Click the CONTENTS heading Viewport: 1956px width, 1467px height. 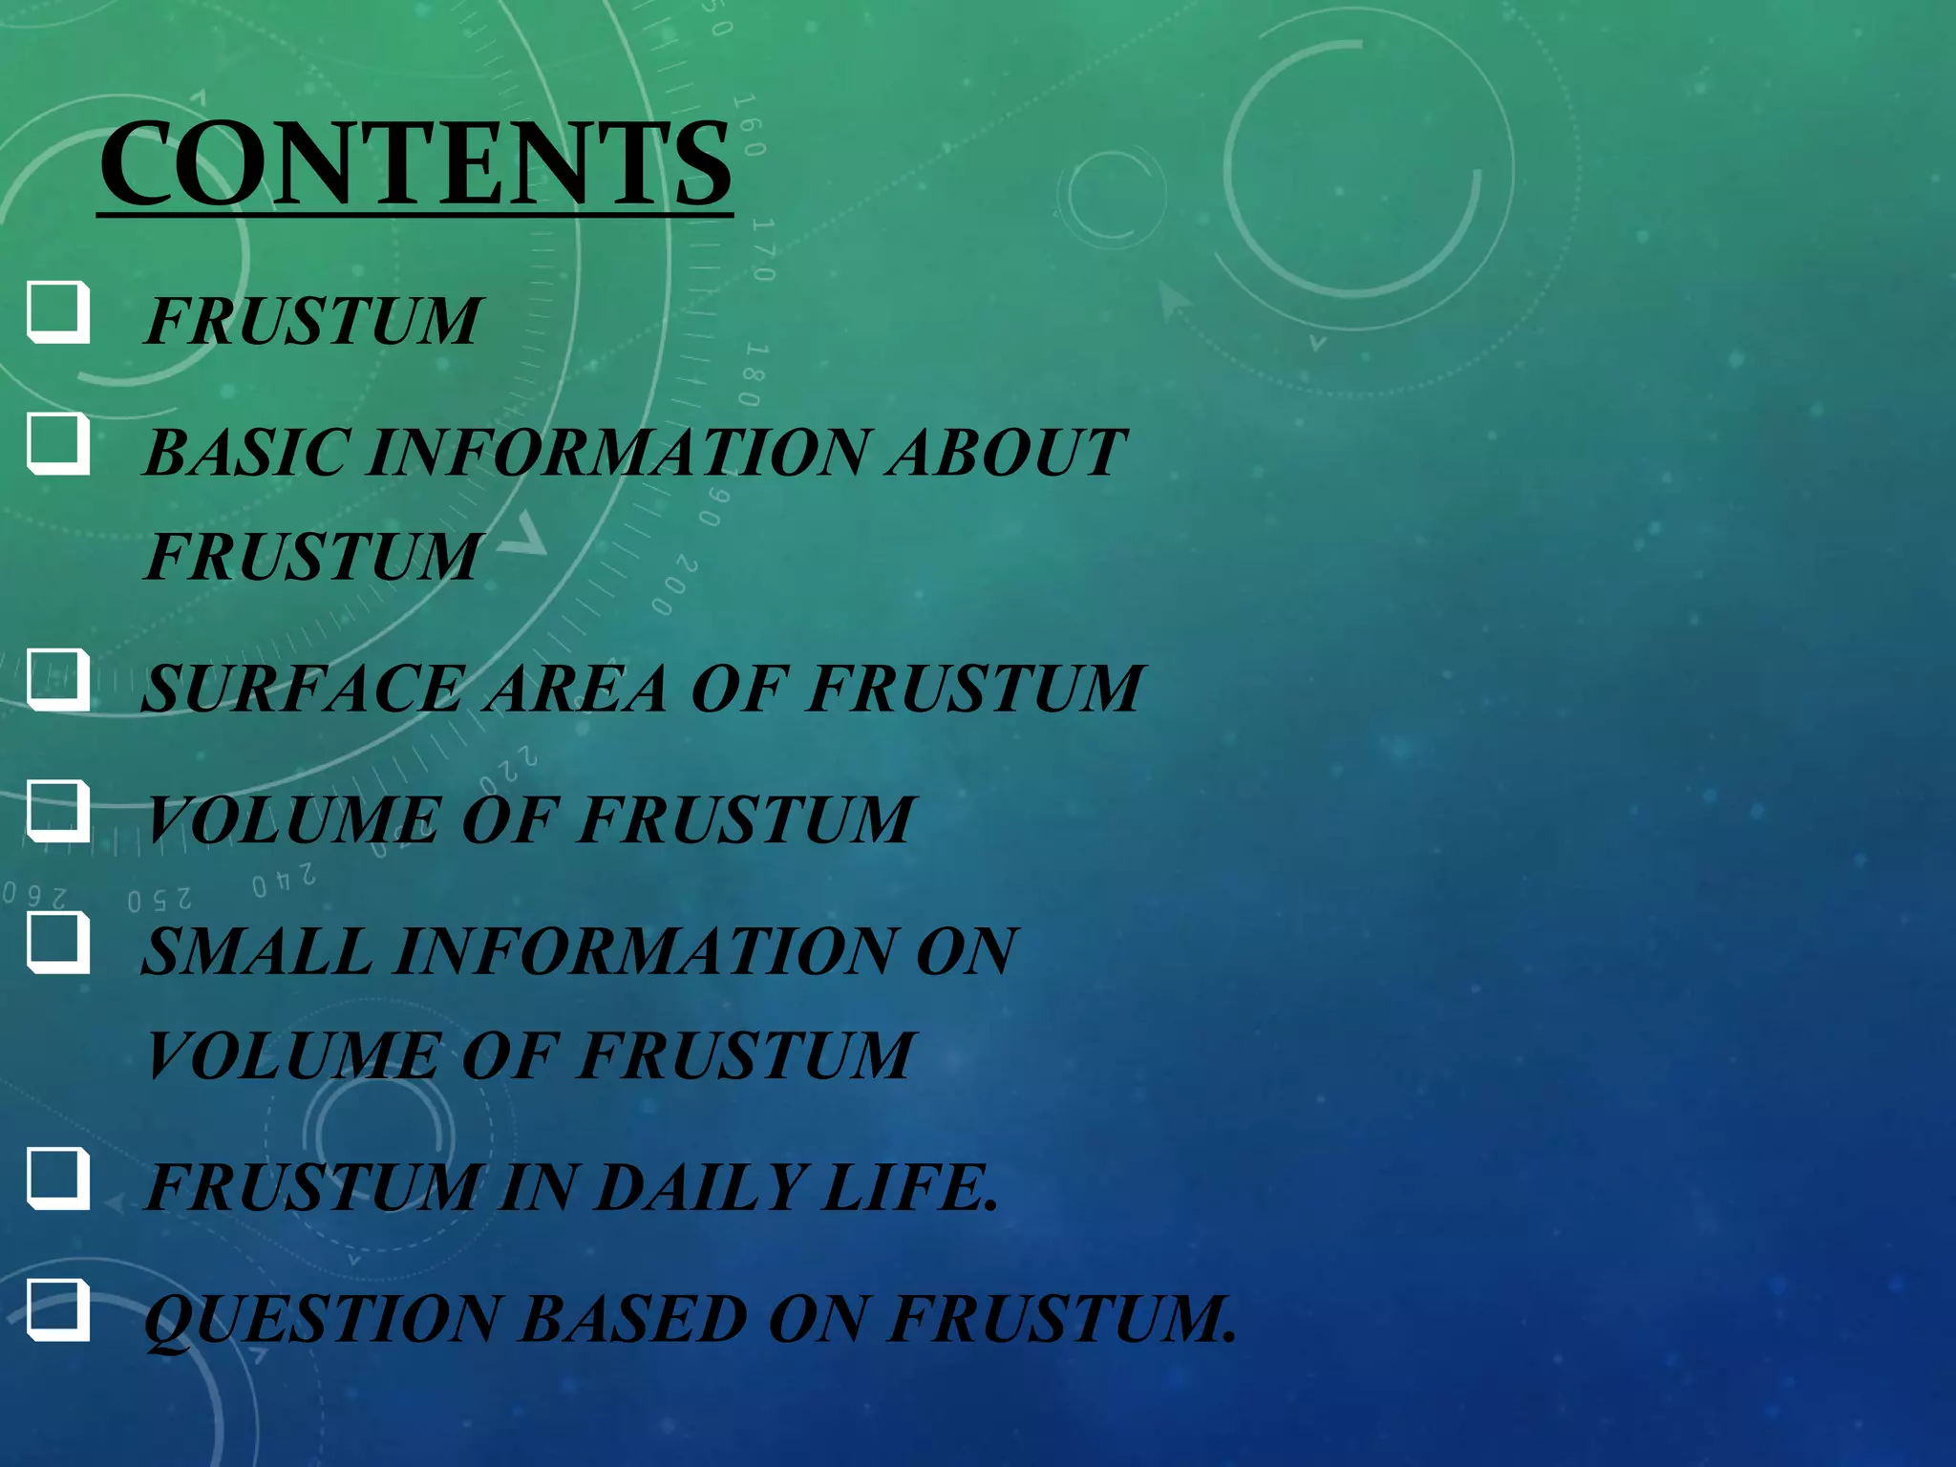tap(415, 164)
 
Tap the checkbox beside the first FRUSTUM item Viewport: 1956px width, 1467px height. tap(57, 311)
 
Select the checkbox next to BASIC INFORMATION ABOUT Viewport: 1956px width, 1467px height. tap(57, 444)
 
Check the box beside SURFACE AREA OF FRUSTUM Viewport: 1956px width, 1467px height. tap(57, 680)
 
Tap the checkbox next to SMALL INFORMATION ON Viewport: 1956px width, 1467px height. tap(57, 943)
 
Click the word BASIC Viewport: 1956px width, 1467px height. tap(244, 452)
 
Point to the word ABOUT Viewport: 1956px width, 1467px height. tap(1007, 452)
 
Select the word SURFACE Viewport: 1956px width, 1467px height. tap(303, 689)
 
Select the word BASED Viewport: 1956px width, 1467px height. tap(633, 1320)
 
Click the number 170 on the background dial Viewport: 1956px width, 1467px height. tap(763, 250)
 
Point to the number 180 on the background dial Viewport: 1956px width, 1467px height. tap(754, 374)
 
